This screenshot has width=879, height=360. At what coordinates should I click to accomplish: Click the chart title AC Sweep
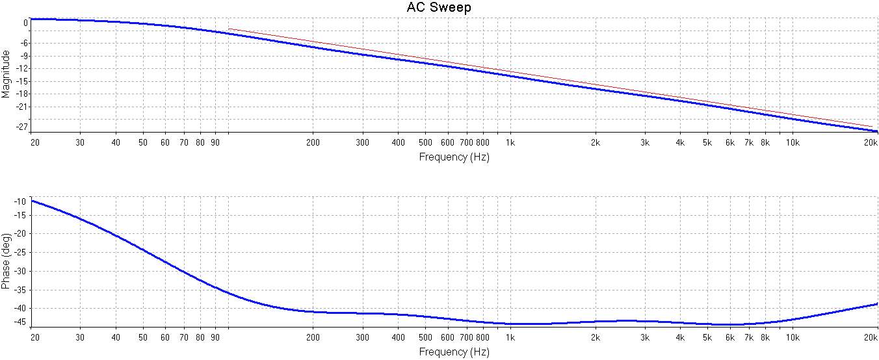[439, 8]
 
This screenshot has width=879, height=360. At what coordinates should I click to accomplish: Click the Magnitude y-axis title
[6, 74]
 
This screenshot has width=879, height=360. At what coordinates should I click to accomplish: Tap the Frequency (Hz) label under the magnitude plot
[454, 157]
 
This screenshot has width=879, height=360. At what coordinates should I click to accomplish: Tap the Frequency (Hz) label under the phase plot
[454, 352]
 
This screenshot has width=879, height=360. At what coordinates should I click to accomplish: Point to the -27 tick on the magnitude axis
[22, 127]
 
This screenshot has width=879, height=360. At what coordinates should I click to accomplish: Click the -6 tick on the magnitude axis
[24, 43]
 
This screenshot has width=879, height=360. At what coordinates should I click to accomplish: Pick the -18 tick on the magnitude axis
[22, 94]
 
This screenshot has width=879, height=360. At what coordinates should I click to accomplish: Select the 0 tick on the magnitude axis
[26, 23]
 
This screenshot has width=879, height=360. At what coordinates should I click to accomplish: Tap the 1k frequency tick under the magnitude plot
[510, 142]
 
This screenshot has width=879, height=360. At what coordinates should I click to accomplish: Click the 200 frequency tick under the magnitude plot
[313, 142]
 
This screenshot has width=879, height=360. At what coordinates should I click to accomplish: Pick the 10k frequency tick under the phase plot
[793, 337]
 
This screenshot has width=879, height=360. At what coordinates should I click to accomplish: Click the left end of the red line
[229, 29]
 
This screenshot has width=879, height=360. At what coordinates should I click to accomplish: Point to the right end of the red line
[872, 127]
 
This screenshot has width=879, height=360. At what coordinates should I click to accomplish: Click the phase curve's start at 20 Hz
[32, 201]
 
